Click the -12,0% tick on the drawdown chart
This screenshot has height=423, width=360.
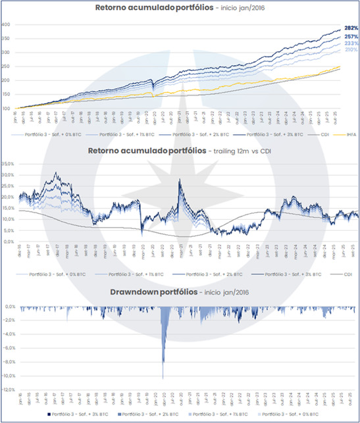click(8, 389)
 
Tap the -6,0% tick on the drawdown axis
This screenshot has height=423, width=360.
click(8, 348)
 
